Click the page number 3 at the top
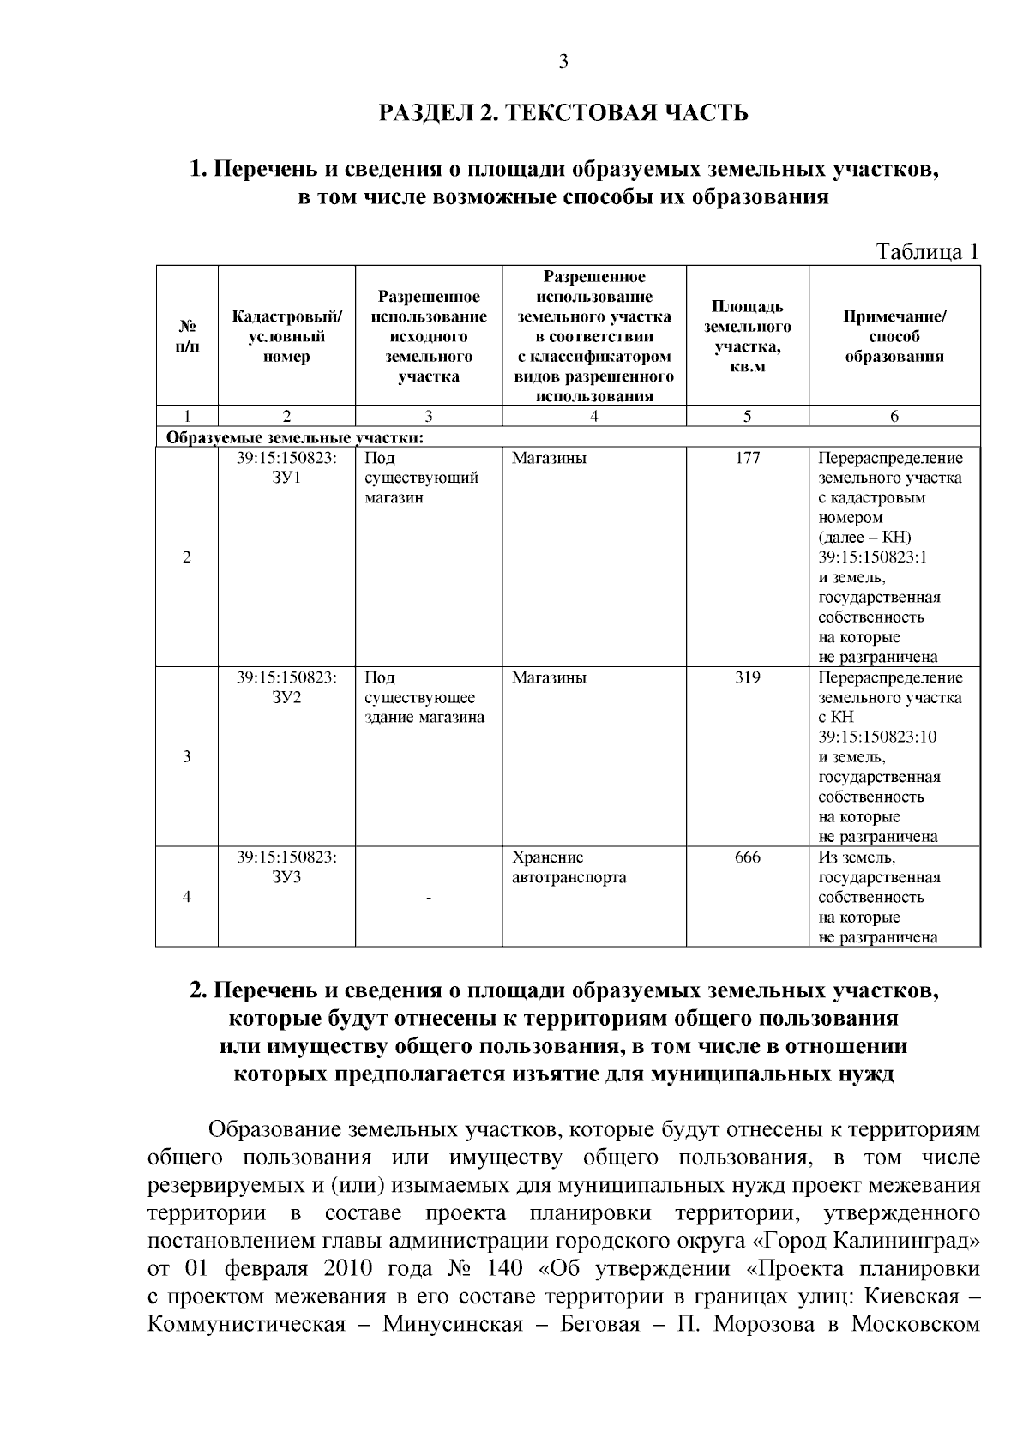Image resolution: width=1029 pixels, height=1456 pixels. click(563, 61)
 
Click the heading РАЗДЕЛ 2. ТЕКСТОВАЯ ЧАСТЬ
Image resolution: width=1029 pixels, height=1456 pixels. click(563, 112)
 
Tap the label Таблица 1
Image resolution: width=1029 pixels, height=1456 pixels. click(926, 252)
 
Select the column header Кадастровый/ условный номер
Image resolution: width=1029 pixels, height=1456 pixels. click(286, 337)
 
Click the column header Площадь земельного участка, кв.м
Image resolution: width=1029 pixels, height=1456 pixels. click(747, 337)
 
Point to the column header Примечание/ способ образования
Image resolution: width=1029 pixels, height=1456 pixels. click(894, 337)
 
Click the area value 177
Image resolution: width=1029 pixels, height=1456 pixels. click(747, 458)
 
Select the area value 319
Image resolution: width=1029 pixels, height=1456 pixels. click(747, 677)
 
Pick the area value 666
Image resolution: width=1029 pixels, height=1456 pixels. click(747, 857)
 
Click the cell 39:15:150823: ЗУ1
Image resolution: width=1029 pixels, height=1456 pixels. click(286, 468)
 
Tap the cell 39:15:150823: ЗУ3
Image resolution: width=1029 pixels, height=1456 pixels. click(286, 868)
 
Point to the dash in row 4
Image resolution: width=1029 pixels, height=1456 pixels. click(429, 898)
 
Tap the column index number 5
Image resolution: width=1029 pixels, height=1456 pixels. click(747, 417)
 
